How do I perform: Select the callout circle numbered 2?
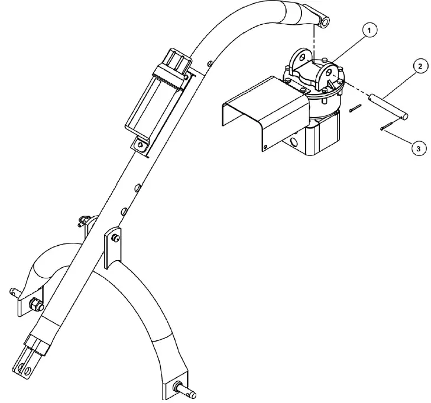click(x=419, y=66)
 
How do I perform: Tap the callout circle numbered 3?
click(x=417, y=149)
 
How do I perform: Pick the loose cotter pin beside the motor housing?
click(x=355, y=109)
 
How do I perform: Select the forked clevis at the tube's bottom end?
click(x=30, y=360)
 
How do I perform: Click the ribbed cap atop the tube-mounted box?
click(x=177, y=58)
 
